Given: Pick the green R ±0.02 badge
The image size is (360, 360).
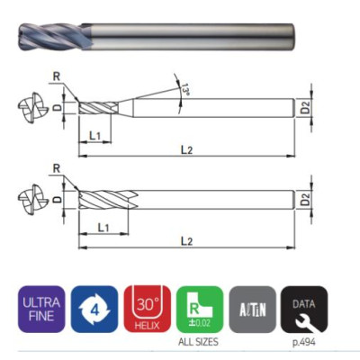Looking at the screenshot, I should pos(199,309).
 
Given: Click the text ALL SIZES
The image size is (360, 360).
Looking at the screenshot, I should pos(199,343).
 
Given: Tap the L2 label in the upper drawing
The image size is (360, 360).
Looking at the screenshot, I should pos(186,149).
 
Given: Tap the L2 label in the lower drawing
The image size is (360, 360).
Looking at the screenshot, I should pos(186,240).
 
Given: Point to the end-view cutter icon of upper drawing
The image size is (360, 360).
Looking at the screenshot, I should pos(31,110).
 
